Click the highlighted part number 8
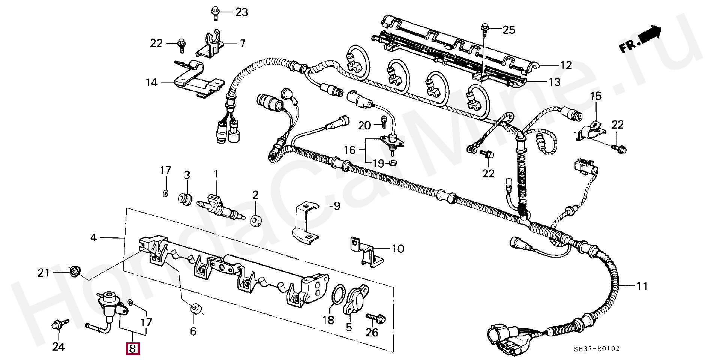(x=132, y=349)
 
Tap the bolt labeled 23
(x=215, y=12)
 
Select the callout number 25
(x=508, y=30)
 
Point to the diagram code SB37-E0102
(x=597, y=349)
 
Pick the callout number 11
(x=642, y=286)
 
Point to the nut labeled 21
(x=74, y=270)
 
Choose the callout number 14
(x=151, y=82)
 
